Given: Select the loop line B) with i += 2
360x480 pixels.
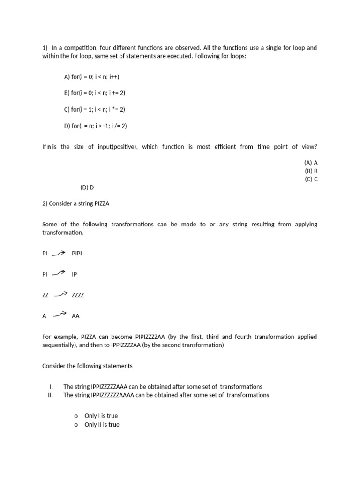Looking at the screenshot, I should tap(95, 93).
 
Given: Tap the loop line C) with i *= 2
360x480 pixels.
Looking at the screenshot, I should tap(95, 109).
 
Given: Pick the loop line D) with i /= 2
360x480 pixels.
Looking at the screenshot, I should tap(96, 126).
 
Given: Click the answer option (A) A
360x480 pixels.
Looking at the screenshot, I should tap(311, 163).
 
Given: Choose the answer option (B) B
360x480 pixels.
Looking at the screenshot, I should tap(311, 171).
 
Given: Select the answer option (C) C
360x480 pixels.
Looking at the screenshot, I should tap(311, 179).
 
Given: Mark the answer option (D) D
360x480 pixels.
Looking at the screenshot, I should tap(87, 187).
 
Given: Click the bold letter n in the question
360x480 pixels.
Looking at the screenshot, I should tap(49, 147).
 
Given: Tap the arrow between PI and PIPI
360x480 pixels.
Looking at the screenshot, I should tap(59, 254).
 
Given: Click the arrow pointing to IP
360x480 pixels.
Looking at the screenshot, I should tap(59, 273).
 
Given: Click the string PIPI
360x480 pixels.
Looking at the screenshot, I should tap(77, 254).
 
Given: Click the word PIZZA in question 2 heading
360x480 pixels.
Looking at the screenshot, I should tap(101, 204).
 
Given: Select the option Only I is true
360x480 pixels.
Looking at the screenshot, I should tap(101, 416).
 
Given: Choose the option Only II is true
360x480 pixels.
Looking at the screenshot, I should tap(102, 425).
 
